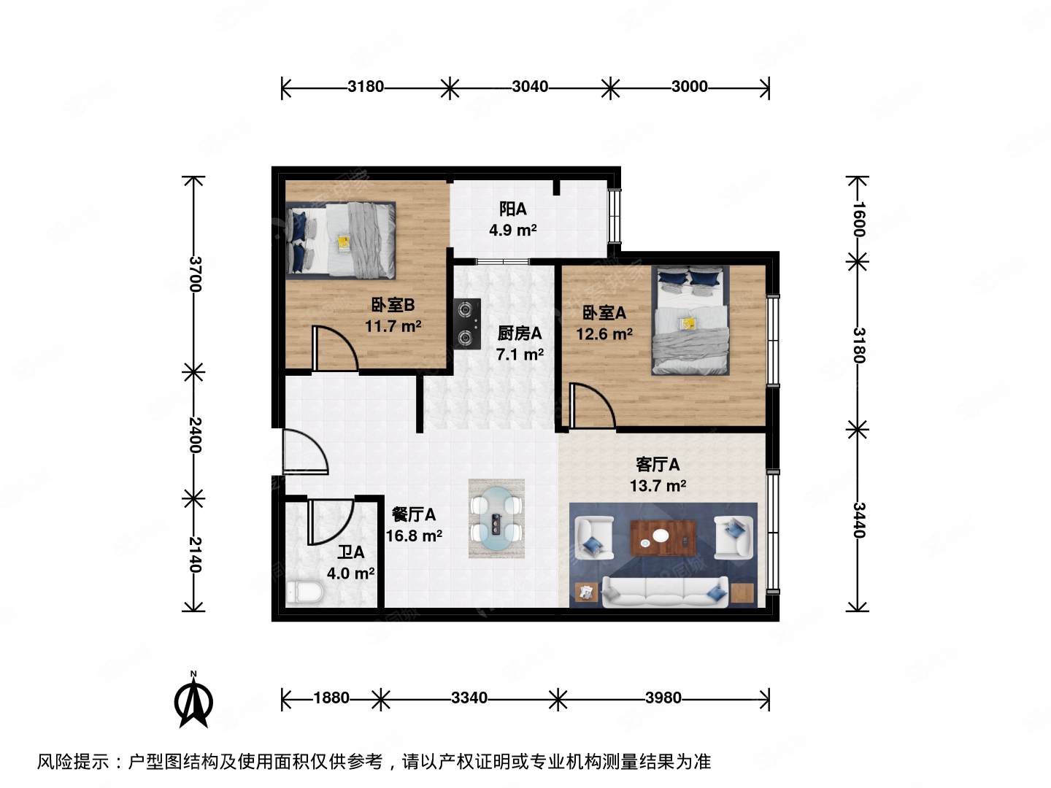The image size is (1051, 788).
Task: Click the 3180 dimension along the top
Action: pyautogui.click(x=365, y=87)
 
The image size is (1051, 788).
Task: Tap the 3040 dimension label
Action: pyautogui.click(x=530, y=87)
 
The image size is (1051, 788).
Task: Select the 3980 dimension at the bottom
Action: pyautogui.click(x=663, y=698)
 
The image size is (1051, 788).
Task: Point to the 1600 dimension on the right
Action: pyautogui.click(x=858, y=219)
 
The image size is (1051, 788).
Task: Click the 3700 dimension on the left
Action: pyautogui.click(x=195, y=274)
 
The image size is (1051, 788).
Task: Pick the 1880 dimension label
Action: pyautogui.click(x=331, y=698)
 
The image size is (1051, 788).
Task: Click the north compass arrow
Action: pyautogui.click(x=193, y=702)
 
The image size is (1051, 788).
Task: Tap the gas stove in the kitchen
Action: pyautogui.click(x=466, y=323)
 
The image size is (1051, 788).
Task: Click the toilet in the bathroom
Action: pyautogui.click(x=304, y=591)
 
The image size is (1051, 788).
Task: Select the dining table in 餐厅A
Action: pyautogui.click(x=496, y=519)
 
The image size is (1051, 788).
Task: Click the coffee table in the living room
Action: pyautogui.click(x=663, y=538)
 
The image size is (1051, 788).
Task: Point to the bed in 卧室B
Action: pyautogui.click(x=342, y=240)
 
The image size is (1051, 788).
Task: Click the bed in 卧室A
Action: pyautogui.click(x=690, y=321)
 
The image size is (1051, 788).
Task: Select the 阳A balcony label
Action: pyautogui.click(x=512, y=209)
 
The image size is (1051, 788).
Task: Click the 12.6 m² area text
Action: pyautogui.click(x=604, y=334)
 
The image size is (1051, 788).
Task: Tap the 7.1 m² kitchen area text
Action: pyautogui.click(x=520, y=355)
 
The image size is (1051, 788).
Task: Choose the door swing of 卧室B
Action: pyautogui.click(x=334, y=349)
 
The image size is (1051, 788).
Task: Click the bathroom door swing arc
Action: pyautogui.click(x=331, y=521)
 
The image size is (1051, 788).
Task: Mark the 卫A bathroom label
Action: pyautogui.click(x=350, y=552)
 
